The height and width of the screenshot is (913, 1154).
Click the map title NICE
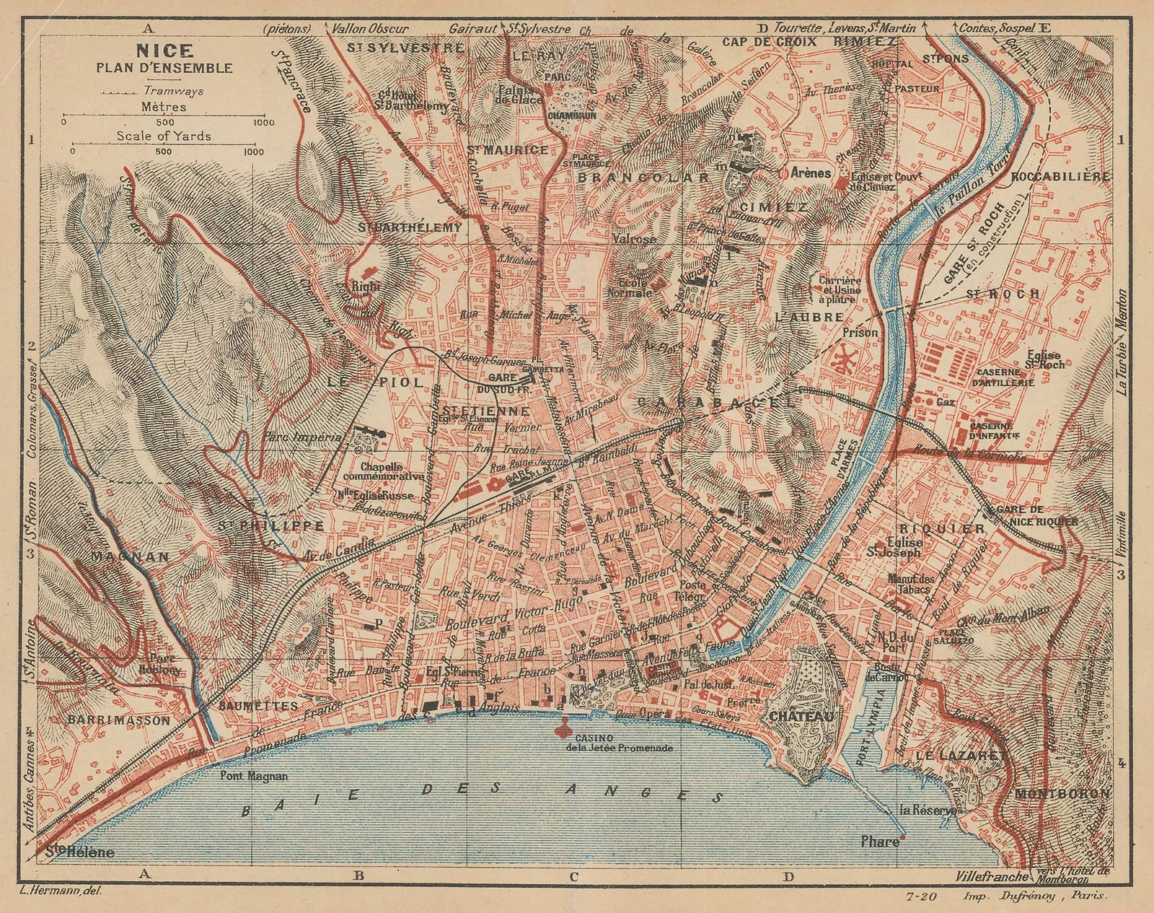164,51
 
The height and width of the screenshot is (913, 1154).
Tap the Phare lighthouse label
881,842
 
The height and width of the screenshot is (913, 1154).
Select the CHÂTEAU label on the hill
801,717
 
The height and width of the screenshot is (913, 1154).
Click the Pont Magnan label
256,777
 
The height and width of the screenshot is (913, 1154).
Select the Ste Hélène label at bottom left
80,852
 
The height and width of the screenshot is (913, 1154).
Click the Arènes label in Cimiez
811,173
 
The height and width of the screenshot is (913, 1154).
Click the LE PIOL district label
374,382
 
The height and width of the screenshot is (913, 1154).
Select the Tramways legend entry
173,91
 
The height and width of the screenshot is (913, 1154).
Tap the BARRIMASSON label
119,720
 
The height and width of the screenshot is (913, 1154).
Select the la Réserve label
928,810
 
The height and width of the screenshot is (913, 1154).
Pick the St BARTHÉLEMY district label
410,227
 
